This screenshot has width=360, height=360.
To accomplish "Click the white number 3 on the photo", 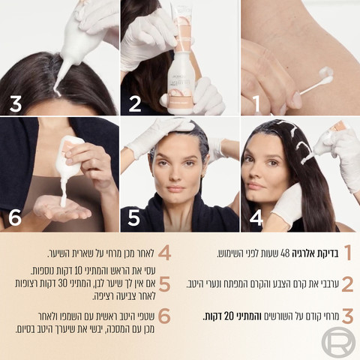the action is click(x=16, y=104).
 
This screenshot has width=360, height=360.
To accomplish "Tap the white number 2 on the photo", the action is click(x=135, y=104).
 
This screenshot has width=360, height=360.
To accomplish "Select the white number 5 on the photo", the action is click(x=133, y=217).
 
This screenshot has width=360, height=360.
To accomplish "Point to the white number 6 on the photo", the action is click(x=15, y=217).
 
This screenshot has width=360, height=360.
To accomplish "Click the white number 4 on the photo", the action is click(x=256, y=217).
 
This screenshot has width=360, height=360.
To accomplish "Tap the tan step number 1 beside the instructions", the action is click(x=348, y=253).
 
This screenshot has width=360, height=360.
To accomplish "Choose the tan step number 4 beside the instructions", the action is click(x=164, y=253).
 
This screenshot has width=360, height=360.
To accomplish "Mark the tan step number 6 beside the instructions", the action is click(x=164, y=316).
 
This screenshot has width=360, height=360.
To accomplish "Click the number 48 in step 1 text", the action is click(x=285, y=253).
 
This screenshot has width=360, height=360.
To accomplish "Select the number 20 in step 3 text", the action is click(x=229, y=316).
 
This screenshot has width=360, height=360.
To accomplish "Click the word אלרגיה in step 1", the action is click(x=304, y=253).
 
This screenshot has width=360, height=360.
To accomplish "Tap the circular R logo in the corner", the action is click(x=338, y=341).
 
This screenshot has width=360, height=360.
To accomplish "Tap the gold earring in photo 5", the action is click(x=202, y=175).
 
